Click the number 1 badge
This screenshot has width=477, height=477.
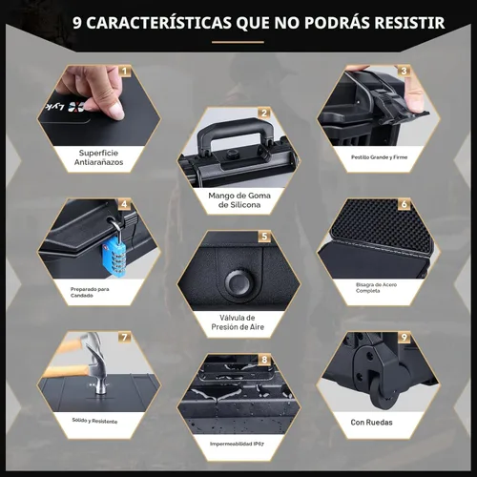[x=124, y=71]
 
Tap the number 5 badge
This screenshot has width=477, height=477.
[x=265, y=235]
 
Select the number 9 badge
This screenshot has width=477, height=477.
[x=404, y=337]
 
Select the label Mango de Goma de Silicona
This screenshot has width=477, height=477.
[x=238, y=199]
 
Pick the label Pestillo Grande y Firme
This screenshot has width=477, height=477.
[x=379, y=156]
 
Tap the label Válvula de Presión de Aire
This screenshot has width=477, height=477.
[x=238, y=322]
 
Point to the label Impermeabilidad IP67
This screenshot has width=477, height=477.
[x=238, y=444]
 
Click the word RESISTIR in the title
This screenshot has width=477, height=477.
[x=400, y=21]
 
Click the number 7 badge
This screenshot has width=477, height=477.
[x=124, y=337]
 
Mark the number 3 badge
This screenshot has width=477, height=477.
[x=404, y=71]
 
